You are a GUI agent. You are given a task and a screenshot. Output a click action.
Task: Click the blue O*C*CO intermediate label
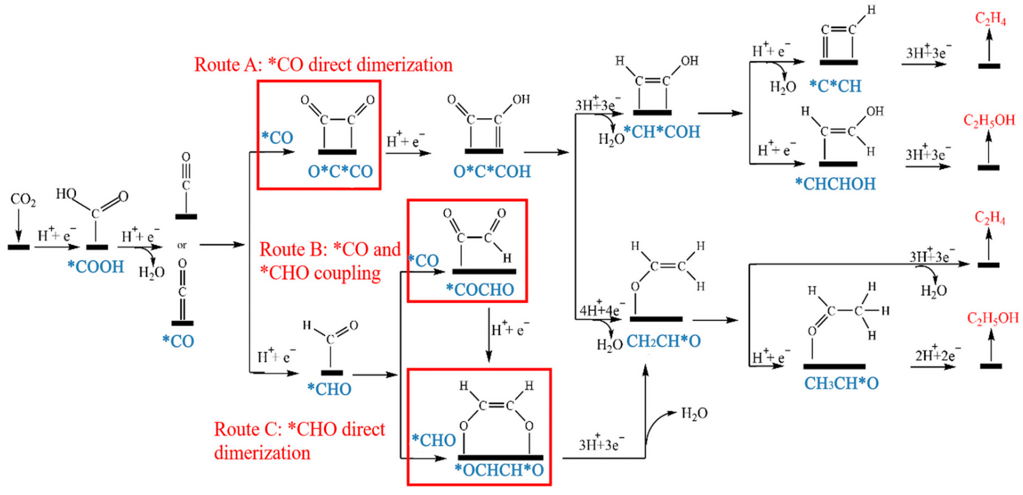[x=340, y=172]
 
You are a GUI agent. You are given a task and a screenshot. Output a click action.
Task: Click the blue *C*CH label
[x=835, y=86]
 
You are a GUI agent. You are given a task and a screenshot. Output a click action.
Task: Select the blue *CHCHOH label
[x=835, y=184]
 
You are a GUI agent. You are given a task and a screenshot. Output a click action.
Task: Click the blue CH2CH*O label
[x=663, y=341]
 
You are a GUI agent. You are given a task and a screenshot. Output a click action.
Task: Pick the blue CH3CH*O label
[x=841, y=383]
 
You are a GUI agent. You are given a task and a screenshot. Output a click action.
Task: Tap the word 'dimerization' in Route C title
[x=262, y=453]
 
